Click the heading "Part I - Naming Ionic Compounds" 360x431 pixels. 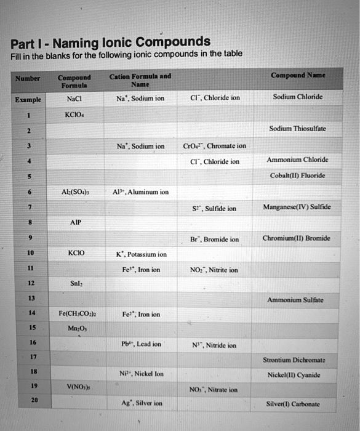click(111, 44)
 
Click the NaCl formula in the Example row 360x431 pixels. click(73, 97)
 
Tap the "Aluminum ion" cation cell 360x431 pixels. click(142, 191)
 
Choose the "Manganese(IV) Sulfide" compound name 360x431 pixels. click(297, 207)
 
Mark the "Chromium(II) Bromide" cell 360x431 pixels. click(296, 238)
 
